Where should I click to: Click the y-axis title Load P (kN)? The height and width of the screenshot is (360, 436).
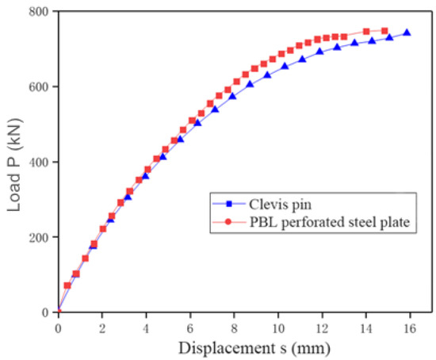[14, 163]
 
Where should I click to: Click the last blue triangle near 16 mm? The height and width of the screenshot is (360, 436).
[407, 33]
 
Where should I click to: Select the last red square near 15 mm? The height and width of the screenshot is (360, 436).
[384, 31]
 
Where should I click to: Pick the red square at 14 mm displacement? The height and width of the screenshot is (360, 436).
[366, 32]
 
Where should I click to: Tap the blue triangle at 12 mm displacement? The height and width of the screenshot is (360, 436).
[320, 52]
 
